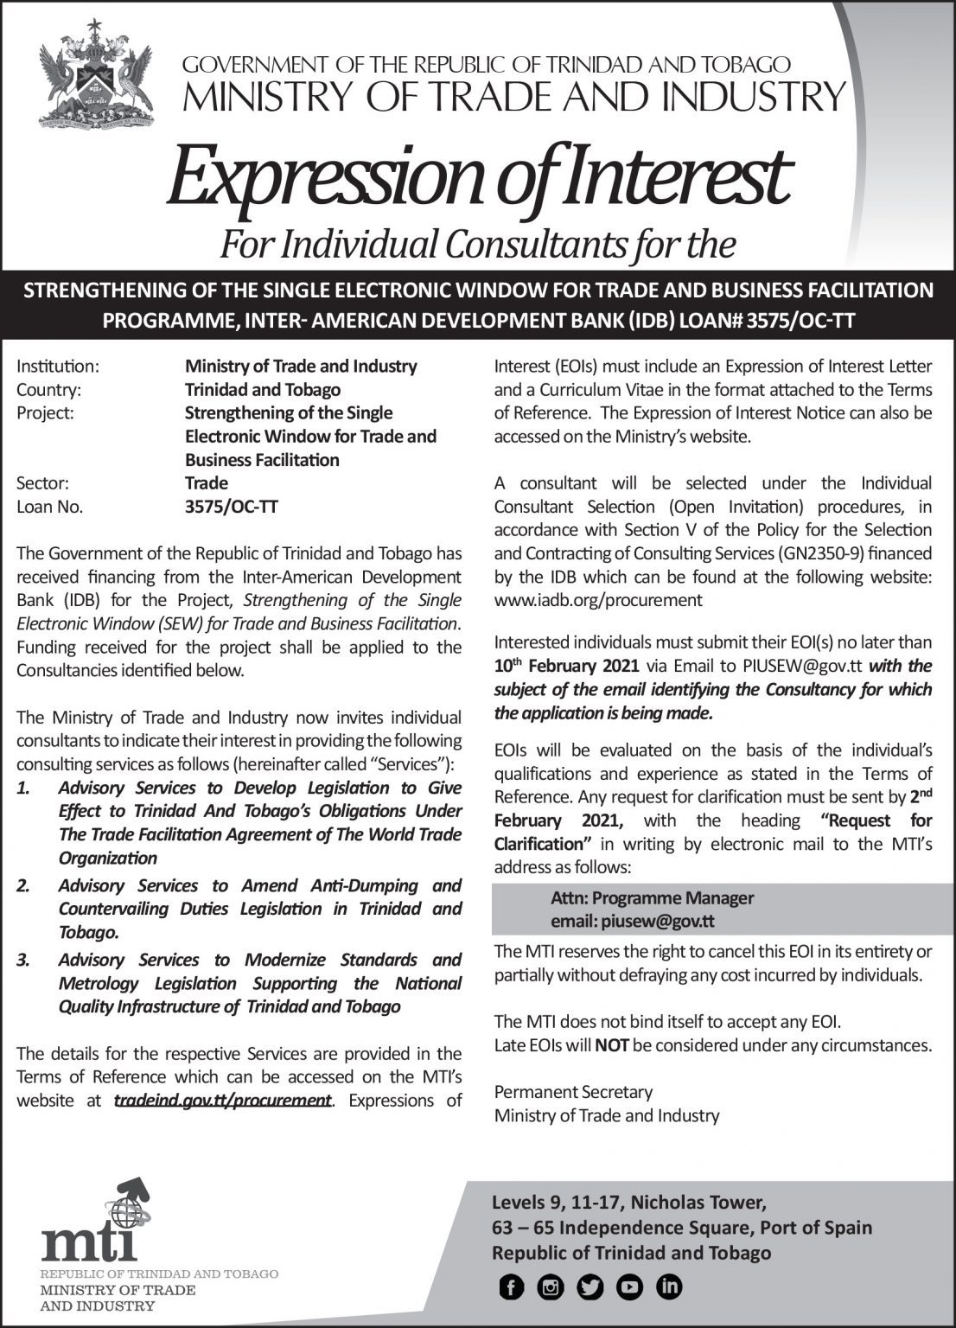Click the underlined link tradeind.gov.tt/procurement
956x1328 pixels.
coord(223,1101)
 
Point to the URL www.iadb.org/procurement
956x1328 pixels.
coord(598,600)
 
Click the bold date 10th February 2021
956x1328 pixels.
coord(566,666)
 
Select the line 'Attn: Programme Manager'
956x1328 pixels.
coord(652,898)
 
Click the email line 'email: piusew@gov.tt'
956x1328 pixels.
coord(632,922)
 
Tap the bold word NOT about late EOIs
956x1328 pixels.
coord(612,1045)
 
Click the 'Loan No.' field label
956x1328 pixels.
coord(50,508)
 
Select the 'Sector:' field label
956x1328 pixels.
coord(42,483)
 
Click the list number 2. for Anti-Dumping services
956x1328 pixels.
coord(24,886)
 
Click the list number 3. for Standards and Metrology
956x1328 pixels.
coord(24,961)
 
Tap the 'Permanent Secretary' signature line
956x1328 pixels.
coord(573,1092)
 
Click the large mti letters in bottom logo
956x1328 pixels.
coord(89,1243)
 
